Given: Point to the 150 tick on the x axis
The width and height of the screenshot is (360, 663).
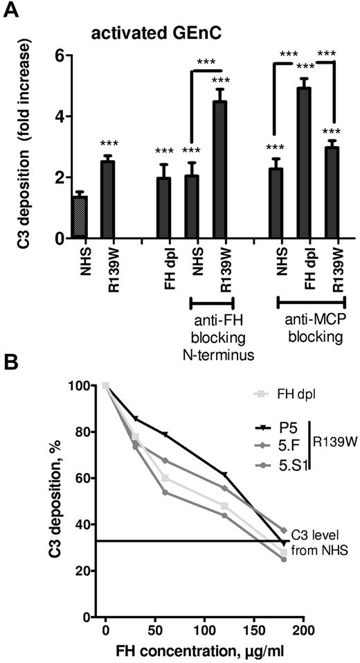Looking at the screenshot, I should point(254,629).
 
